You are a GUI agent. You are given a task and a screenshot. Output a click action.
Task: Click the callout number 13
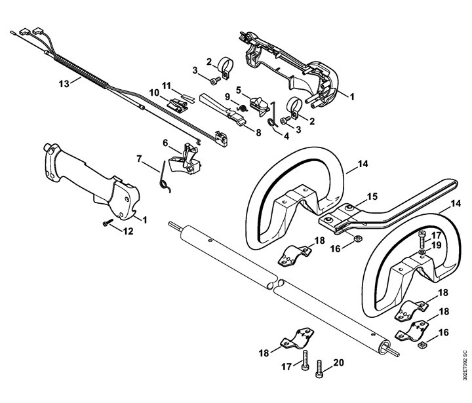(x=64, y=83)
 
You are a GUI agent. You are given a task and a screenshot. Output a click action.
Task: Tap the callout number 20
(x=338, y=362)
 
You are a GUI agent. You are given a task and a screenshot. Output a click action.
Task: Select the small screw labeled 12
(x=107, y=223)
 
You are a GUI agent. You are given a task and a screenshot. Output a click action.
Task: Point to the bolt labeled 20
(x=319, y=370)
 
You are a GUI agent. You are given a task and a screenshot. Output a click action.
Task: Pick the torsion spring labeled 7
(x=164, y=178)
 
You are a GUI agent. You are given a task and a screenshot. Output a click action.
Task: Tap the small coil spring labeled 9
(x=243, y=107)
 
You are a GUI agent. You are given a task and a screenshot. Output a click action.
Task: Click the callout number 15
(x=372, y=197)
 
